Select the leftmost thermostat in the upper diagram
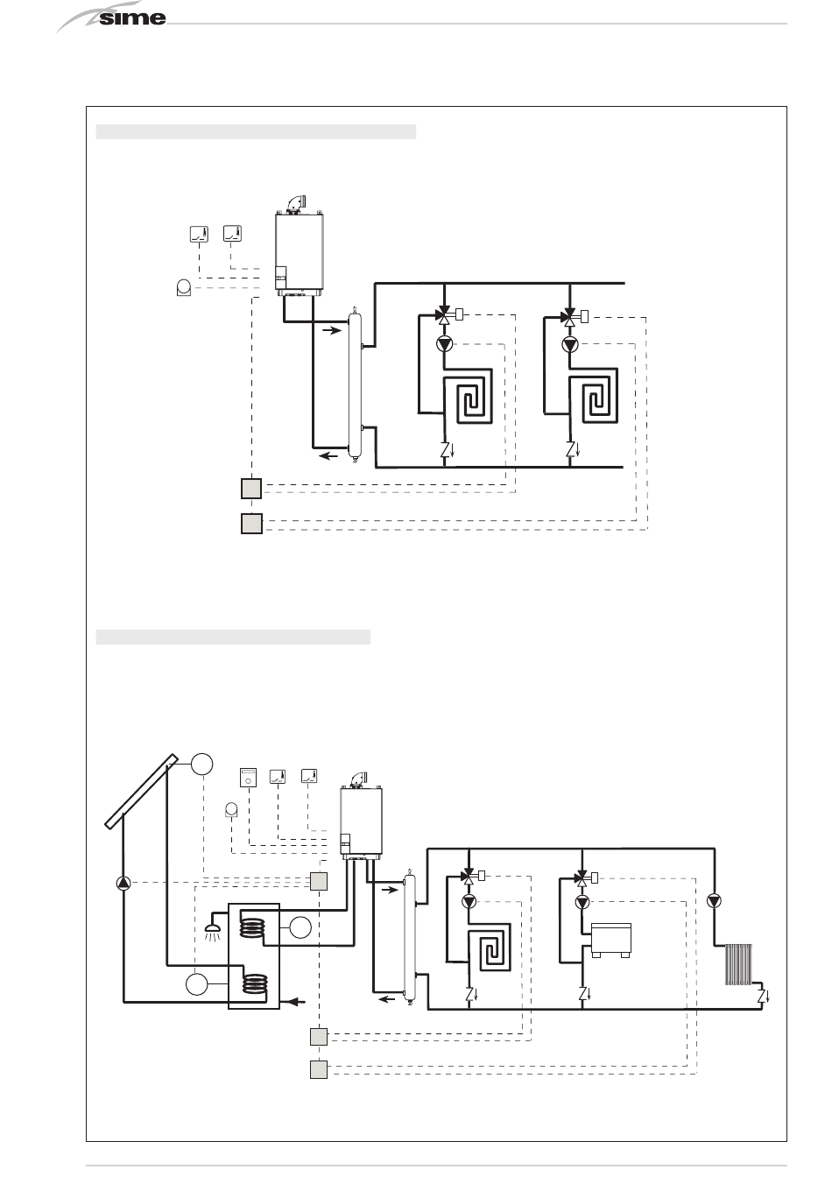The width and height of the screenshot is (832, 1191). [199, 234]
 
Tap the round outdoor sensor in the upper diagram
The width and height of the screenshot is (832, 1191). [184, 287]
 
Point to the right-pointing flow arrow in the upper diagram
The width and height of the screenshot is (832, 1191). [332, 331]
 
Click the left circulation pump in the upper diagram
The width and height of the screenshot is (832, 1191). [444, 344]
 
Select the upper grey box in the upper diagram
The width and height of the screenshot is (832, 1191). [251, 489]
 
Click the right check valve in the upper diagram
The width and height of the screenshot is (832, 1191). [571, 450]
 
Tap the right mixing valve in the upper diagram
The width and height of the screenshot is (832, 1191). [570, 317]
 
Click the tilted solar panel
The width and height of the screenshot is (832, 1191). [141, 791]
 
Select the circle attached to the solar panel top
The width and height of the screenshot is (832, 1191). [202, 764]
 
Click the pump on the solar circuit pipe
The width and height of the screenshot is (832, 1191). [123, 883]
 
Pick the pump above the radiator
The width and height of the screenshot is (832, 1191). [715, 901]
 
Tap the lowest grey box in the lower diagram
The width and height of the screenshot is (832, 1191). [319, 1068]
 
